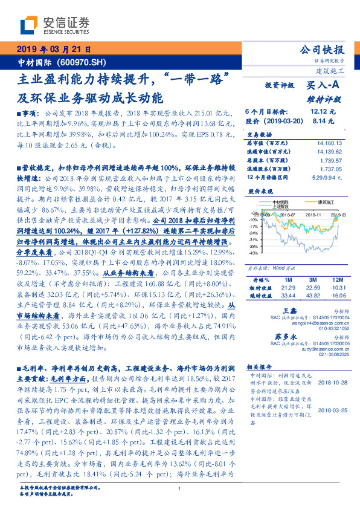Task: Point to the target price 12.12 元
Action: pos(322,112)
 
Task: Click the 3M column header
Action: pos(312,280)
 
